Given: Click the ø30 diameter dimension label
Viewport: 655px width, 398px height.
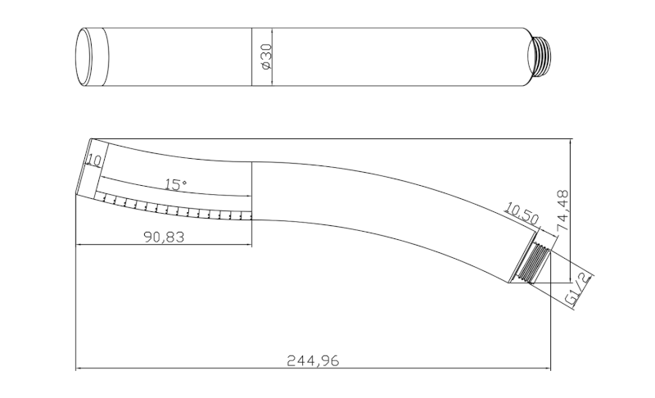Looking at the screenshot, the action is tap(266, 57).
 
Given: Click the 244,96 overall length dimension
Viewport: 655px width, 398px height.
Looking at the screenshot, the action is tap(313, 360).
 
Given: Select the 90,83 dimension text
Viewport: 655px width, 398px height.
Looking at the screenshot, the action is tap(164, 237).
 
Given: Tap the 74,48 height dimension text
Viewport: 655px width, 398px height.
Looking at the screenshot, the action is tap(563, 210).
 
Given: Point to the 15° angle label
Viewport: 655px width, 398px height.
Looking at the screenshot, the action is tap(175, 184).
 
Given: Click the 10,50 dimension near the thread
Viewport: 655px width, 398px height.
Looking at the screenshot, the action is tap(522, 213).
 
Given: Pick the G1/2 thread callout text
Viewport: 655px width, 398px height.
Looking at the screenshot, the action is tap(579, 288).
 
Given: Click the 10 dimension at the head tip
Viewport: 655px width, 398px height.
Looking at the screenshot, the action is tap(94, 160).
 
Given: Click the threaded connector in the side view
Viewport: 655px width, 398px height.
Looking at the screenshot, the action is tap(535, 263).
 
